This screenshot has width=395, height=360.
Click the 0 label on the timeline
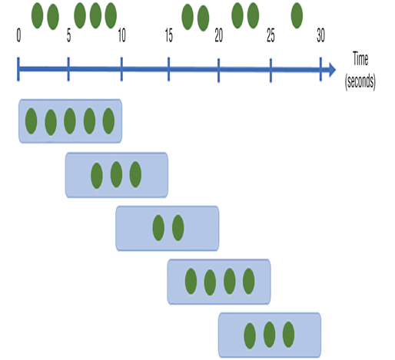(18, 35)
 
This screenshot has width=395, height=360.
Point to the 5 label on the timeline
(68, 35)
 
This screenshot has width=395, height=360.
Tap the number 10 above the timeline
(122, 35)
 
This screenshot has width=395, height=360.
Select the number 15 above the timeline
(169, 35)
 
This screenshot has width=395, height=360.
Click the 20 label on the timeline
(219, 35)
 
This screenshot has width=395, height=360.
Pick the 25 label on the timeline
(271, 35)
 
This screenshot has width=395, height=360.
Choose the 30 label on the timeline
(320, 35)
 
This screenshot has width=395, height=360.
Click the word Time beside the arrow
(360, 59)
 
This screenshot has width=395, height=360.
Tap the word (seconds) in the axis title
(360, 81)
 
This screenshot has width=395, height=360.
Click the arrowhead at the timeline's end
(332, 69)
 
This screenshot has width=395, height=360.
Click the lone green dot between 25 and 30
(297, 15)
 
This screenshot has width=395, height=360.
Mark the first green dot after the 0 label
(37, 15)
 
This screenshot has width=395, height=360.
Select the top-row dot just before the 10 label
(111, 15)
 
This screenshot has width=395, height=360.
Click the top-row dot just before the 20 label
(204, 18)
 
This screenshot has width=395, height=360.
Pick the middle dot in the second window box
(116, 174)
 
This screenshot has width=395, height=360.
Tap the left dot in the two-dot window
(158, 228)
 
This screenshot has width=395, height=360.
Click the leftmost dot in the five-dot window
(31, 121)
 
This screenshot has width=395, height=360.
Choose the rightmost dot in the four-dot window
(248, 281)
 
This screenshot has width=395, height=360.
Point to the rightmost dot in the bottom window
(288, 335)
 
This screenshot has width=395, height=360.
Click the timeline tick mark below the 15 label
(168, 69)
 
